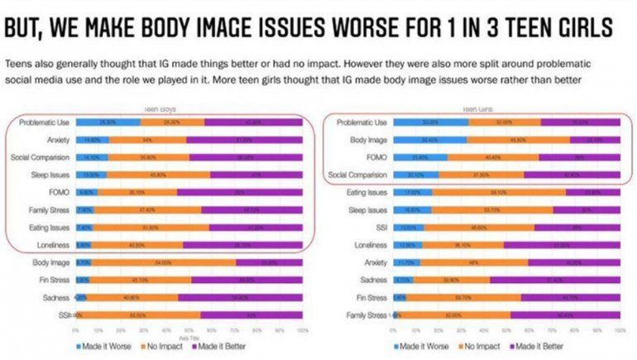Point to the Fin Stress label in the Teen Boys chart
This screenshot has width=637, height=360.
52,280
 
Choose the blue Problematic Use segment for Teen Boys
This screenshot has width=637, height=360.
106,122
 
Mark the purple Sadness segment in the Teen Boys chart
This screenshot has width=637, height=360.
241,297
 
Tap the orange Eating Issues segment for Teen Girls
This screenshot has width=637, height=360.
497,192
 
